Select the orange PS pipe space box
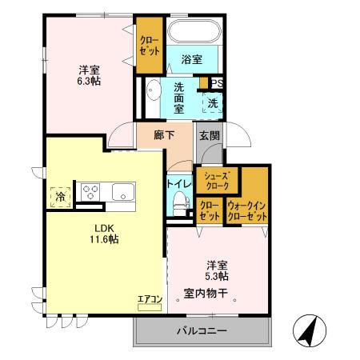coord(216,81)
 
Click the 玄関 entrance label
coord(210,135)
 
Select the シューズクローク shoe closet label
coord(217,180)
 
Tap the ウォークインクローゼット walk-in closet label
coord(246,211)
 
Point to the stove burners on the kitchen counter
coord(90,192)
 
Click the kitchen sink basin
coord(122,192)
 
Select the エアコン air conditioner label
coord(150,299)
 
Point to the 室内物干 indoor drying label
coord(206,293)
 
